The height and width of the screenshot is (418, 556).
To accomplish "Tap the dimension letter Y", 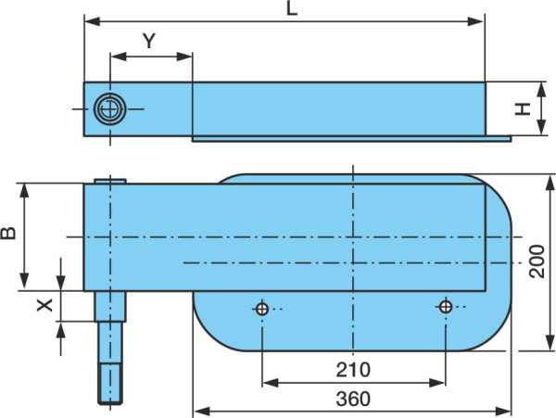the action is (x=149, y=41).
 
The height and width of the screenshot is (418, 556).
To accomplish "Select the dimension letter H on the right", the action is (x=523, y=109).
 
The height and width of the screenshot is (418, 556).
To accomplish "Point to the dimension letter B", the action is (x=8, y=233).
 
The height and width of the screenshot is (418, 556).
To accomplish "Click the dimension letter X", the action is (x=45, y=305).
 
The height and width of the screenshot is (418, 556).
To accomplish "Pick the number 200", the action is (x=537, y=261).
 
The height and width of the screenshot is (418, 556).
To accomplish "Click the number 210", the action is (x=353, y=370).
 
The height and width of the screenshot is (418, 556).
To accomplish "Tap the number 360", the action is (x=353, y=399).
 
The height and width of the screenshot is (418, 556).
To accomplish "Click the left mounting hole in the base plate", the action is (x=262, y=309).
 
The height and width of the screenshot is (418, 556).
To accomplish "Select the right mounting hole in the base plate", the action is (x=446, y=307).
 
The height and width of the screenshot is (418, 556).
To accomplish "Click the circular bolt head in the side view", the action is (x=110, y=109).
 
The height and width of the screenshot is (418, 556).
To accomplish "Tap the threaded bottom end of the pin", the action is (x=110, y=385).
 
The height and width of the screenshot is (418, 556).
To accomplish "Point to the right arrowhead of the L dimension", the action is (x=475, y=21).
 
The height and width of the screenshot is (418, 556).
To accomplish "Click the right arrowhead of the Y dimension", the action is (x=184, y=57).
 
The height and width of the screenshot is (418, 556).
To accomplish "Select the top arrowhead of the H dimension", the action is (x=541, y=91).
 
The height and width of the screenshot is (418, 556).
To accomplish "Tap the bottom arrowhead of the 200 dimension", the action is (x=550, y=343).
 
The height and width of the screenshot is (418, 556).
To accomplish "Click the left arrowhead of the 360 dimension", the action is (x=202, y=412).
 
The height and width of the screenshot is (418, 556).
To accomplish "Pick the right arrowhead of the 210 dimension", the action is (x=436, y=383).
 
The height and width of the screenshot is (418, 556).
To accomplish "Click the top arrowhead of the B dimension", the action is (x=24, y=192).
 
